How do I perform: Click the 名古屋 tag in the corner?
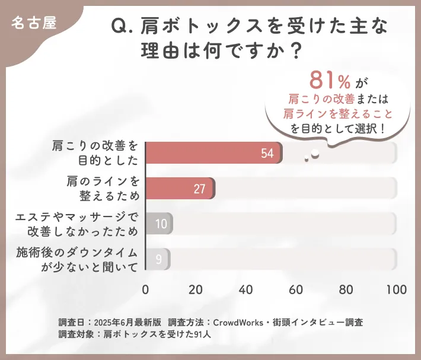(x=34, y=24)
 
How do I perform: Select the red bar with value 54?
(x=213, y=153)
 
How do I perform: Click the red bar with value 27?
(x=180, y=189)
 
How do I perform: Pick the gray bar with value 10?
(x=158, y=224)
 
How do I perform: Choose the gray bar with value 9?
(x=157, y=259)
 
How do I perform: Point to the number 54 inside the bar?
(x=267, y=154)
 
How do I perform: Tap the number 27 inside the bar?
(x=199, y=189)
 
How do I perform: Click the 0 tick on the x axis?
(x=146, y=290)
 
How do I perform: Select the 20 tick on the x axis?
(x=196, y=290)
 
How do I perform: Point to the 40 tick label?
(x=246, y=290)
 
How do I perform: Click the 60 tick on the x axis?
(x=296, y=290)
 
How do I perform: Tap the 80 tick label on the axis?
(x=346, y=290)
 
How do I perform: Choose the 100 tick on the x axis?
(x=396, y=290)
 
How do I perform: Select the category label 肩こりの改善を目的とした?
(x=94, y=153)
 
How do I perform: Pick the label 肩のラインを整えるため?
(x=102, y=189)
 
